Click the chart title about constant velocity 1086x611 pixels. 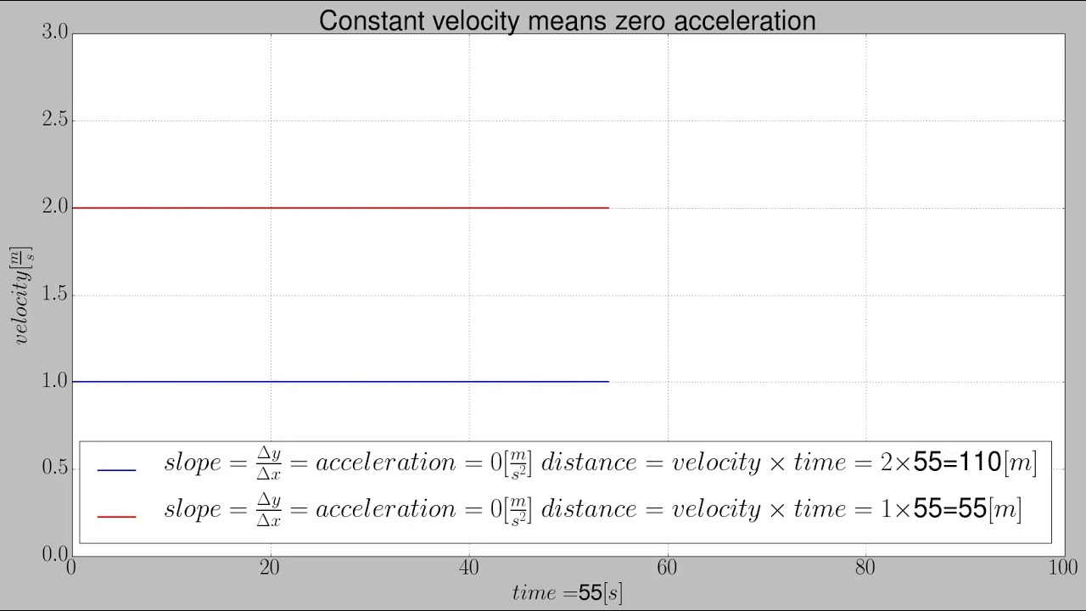567,20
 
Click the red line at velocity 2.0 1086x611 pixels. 339,208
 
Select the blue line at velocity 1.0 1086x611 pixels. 339,382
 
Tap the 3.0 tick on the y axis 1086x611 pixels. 54,32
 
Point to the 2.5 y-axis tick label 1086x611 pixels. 54,121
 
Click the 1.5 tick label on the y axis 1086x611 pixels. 54,295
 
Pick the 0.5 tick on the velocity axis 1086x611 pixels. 54,468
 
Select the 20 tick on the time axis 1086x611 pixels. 271,567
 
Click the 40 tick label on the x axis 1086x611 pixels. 469,567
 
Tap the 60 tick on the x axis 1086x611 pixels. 668,567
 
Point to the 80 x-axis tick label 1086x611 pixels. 865,567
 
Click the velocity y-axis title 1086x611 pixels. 21,294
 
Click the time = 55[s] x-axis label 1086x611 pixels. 567,592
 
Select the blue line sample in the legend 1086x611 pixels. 117,470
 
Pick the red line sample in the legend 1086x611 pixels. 117,516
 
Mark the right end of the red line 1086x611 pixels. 607,208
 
